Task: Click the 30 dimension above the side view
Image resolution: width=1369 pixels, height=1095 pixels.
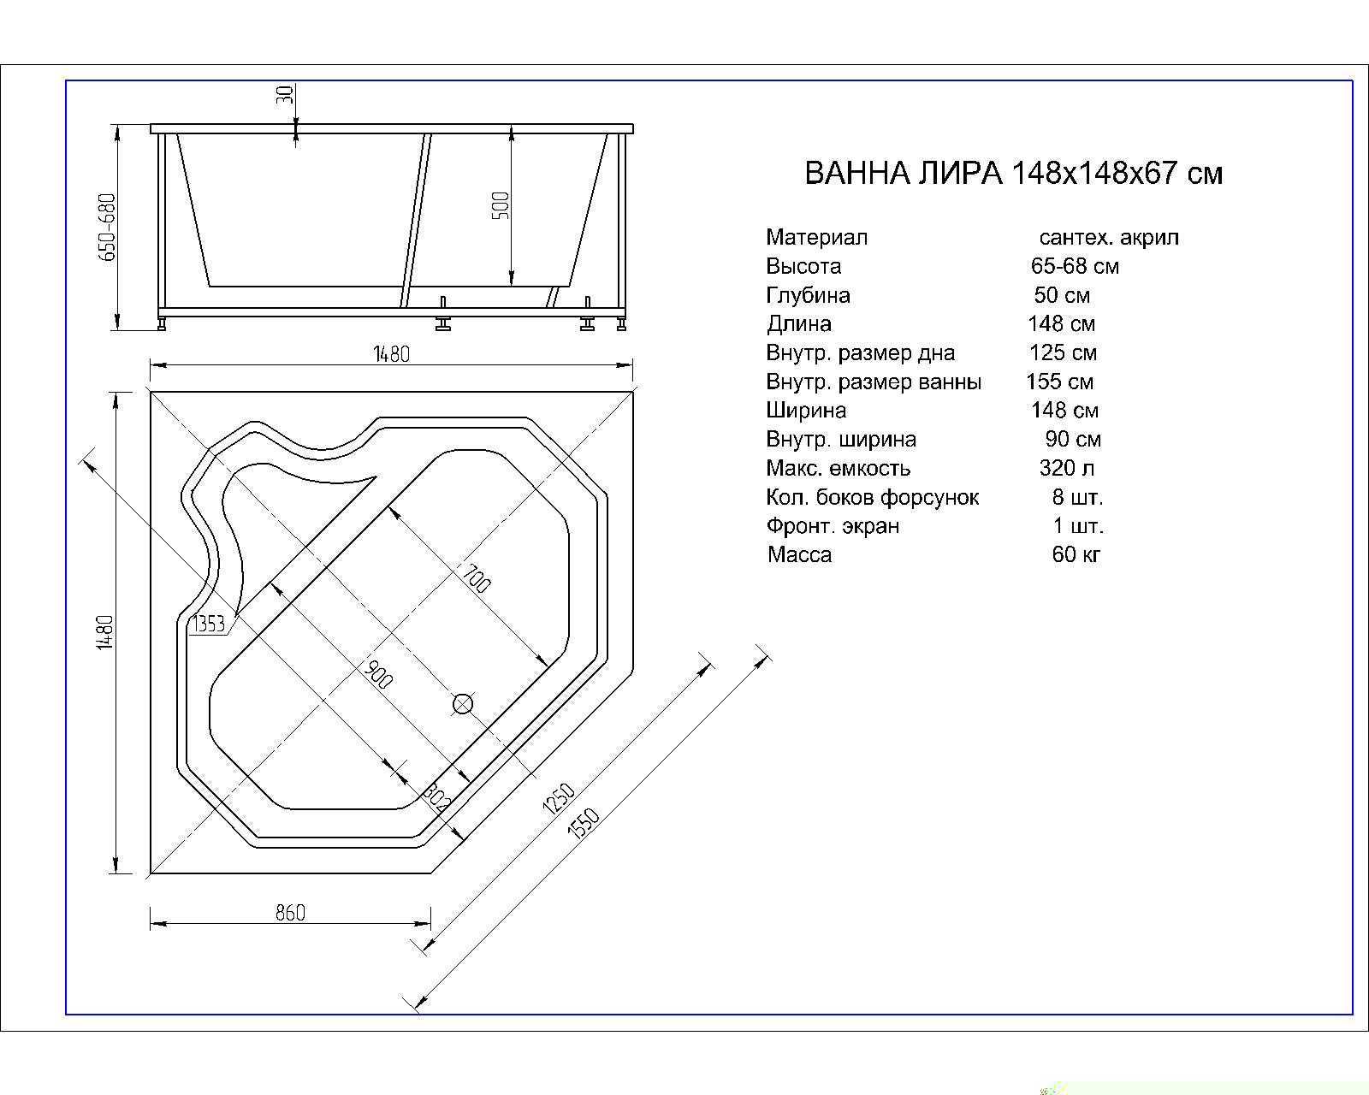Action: [x=287, y=94]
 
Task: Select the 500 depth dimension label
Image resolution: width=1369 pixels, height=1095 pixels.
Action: [x=501, y=206]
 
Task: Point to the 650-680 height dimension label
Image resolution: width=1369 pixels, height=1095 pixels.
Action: [x=107, y=228]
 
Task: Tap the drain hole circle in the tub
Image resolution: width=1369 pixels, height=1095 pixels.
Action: [x=463, y=703]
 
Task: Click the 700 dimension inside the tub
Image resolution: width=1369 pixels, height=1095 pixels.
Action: [x=477, y=579]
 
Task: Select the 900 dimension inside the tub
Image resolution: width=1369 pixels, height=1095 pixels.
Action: [x=377, y=675]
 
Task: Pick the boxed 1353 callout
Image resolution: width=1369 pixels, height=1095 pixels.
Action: [x=209, y=624]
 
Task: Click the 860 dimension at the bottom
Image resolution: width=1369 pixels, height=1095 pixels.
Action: [x=290, y=913]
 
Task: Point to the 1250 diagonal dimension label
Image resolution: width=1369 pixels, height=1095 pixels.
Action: [x=558, y=798]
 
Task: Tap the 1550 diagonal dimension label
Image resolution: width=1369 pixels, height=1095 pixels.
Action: [x=584, y=823]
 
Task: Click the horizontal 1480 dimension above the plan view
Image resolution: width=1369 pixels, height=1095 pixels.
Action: [x=391, y=354]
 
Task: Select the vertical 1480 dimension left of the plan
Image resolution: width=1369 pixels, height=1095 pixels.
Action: [x=105, y=632]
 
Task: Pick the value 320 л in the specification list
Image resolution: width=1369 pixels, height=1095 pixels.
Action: [x=1066, y=468]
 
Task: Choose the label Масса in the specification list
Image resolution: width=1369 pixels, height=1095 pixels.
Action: [x=799, y=554]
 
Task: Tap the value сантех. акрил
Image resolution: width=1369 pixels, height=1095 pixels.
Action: [x=1108, y=237]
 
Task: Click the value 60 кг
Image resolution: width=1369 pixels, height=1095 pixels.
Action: [x=1076, y=554]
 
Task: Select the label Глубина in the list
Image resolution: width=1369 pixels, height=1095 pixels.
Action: [x=808, y=295]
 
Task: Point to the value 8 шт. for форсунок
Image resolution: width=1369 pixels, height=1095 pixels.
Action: [x=1077, y=497]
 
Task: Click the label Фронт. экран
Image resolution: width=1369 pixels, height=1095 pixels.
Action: [x=833, y=526]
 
